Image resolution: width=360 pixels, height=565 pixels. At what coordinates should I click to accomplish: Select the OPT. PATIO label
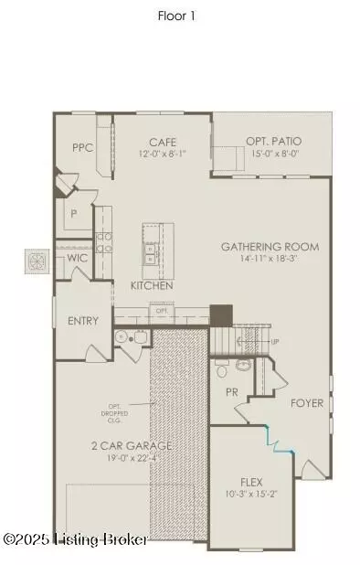[273, 142]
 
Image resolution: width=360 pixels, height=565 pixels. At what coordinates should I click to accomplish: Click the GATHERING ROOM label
[270, 247]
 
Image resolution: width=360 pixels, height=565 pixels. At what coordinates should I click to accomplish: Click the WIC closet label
[77, 259]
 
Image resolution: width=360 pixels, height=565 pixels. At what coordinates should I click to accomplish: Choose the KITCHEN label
[152, 286]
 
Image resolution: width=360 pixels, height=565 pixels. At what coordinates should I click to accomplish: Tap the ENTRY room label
[83, 321]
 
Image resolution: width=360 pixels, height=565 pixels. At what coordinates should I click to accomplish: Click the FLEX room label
[251, 482]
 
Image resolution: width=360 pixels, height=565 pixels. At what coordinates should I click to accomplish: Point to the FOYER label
[307, 403]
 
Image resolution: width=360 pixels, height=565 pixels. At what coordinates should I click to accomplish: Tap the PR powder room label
[233, 392]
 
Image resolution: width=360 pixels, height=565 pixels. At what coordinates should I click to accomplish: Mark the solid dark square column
[221, 315]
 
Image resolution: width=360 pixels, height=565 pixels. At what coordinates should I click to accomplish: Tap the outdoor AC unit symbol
[37, 261]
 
